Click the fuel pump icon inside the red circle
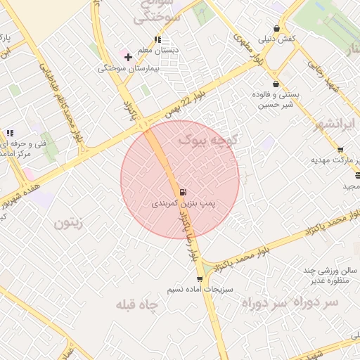(x=183, y=192)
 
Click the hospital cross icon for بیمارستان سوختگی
(x=128, y=56)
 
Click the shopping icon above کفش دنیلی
(x=277, y=28)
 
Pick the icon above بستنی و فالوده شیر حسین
(x=276, y=84)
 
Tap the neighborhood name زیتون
(x=68, y=223)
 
